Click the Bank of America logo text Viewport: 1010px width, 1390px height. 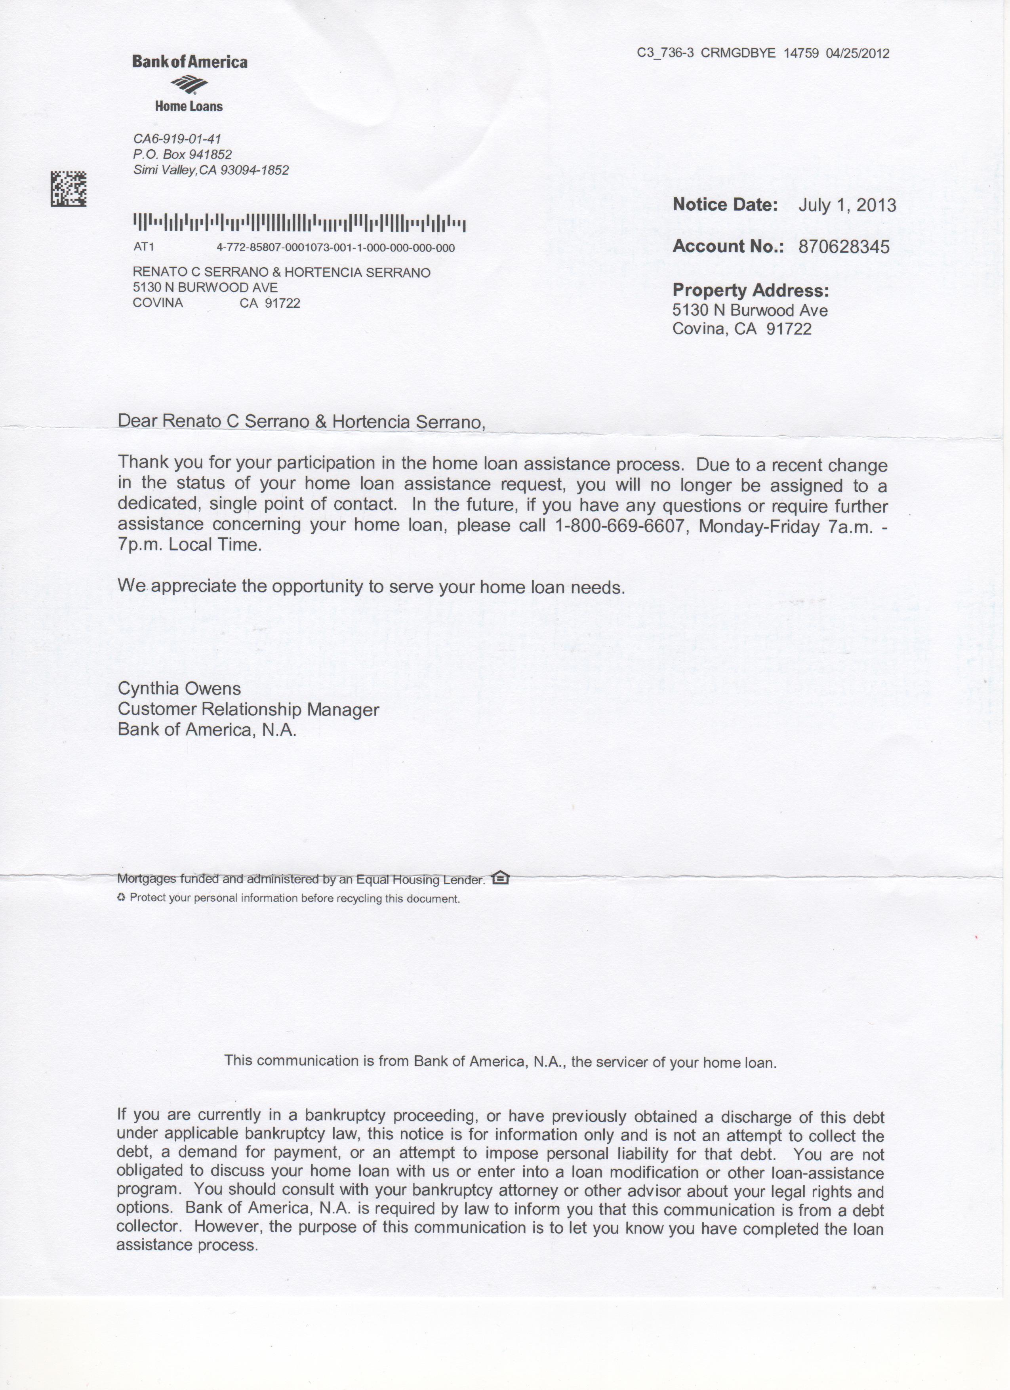coord(189,62)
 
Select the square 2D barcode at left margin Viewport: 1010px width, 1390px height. coord(68,188)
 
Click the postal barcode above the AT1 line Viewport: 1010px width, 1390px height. coord(299,223)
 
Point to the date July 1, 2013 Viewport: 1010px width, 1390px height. coord(846,205)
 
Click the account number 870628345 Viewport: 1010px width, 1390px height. coord(844,247)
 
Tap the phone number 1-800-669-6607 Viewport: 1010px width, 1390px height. coord(619,526)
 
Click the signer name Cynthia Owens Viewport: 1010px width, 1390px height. coord(179,689)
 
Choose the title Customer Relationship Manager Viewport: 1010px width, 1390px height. coord(248,710)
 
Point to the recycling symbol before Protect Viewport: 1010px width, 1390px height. coord(121,898)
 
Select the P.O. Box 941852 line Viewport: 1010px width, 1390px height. coord(183,154)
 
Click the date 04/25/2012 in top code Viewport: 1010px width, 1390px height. coord(858,53)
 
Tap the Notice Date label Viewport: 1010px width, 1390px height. coord(725,205)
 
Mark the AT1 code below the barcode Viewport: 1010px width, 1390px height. coord(143,248)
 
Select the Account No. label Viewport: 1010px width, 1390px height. coord(728,246)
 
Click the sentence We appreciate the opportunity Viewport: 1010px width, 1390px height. coord(371,586)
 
